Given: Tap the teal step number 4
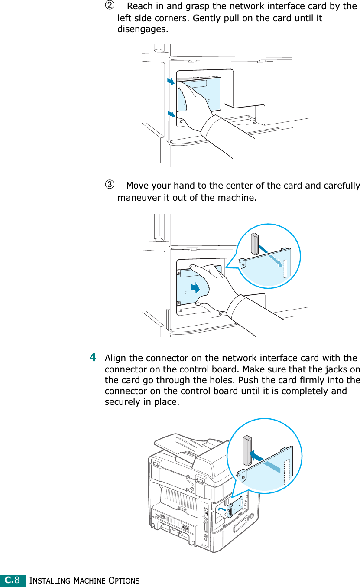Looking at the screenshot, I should (x=93, y=358).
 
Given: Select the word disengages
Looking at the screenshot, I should (x=142, y=30).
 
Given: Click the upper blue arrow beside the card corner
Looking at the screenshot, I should (x=171, y=82).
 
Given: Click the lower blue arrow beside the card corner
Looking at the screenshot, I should (x=172, y=114).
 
